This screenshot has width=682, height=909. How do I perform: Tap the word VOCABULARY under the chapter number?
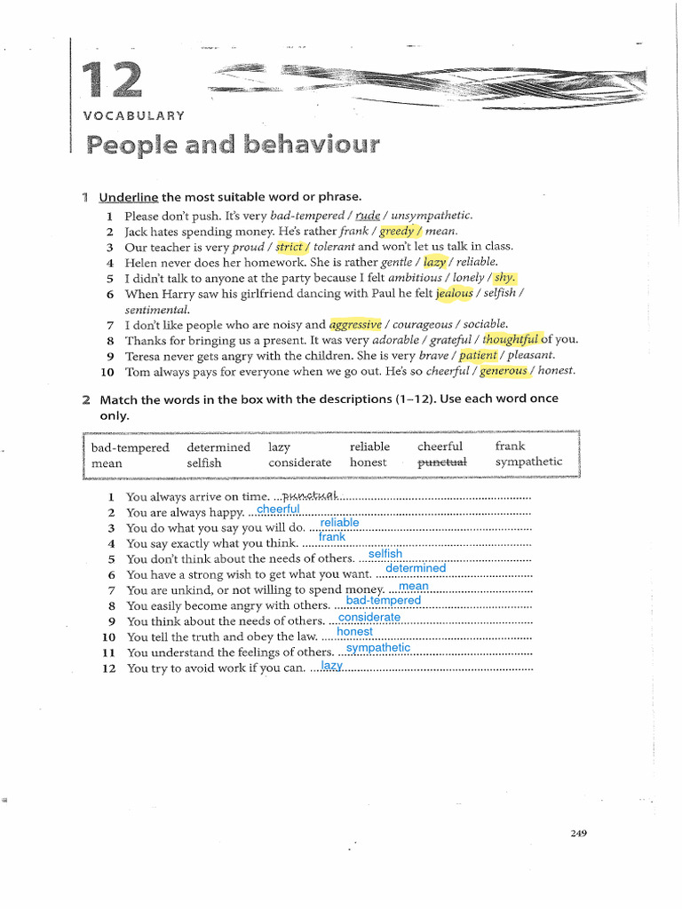(x=134, y=115)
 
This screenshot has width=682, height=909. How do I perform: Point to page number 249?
(x=578, y=833)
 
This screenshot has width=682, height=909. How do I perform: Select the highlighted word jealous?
(x=454, y=293)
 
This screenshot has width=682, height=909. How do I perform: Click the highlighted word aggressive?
(x=355, y=325)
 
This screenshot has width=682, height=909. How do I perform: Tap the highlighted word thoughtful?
(x=511, y=340)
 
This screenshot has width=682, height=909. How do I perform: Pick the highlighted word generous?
(x=504, y=371)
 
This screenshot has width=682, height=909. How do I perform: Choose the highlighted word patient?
(x=478, y=355)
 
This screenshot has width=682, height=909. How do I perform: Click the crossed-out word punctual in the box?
(x=442, y=462)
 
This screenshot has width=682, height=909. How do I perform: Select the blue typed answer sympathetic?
(x=378, y=648)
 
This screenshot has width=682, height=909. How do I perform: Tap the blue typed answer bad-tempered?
(x=384, y=601)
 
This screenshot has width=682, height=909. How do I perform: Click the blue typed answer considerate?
(x=369, y=617)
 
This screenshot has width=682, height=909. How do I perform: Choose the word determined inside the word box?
(x=218, y=447)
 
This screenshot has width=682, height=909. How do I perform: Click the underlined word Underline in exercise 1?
(x=129, y=197)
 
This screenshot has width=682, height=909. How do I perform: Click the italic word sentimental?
(x=157, y=309)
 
